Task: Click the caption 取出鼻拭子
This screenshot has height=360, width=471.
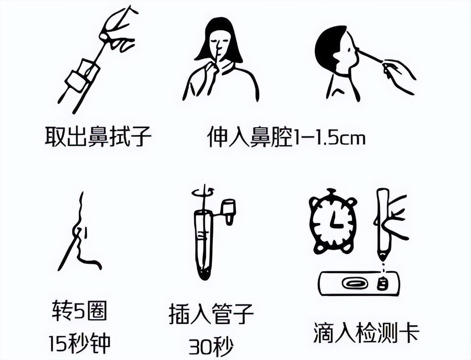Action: tap(98, 136)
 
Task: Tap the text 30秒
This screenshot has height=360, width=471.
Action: tap(211, 344)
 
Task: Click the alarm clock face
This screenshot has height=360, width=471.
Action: tap(333, 223)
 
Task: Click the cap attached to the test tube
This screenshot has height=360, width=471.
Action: tap(229, 210)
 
